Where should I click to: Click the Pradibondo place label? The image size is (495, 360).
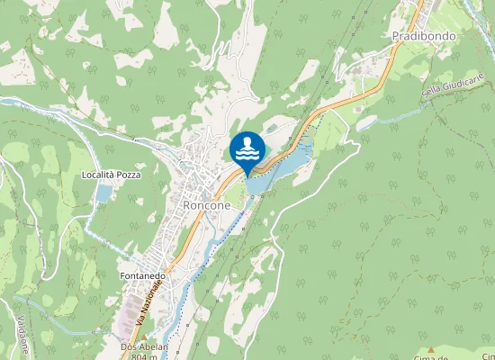tap(424, 36)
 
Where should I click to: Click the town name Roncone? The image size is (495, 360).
tap(206, 206)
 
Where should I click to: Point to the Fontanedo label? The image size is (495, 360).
tap(141, 276)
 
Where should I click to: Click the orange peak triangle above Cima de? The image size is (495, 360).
tap(430, 349)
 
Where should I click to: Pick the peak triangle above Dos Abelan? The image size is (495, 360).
tap(142, 337)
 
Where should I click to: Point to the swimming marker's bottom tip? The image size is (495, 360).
tap(247, 176)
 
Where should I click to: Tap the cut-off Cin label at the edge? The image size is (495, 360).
tap(487, 357)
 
